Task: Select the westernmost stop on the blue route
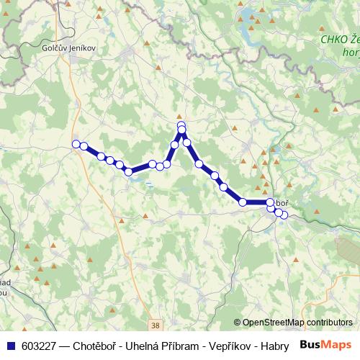coord(76,144)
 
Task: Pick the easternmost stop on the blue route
coord(284,215)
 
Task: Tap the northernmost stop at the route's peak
coord(181,125)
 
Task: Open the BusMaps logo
coord(326,344)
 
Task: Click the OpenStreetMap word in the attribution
coord(273,323)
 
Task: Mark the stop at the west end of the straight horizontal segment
coord(243,202)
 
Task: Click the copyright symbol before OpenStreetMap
coord(238,323)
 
